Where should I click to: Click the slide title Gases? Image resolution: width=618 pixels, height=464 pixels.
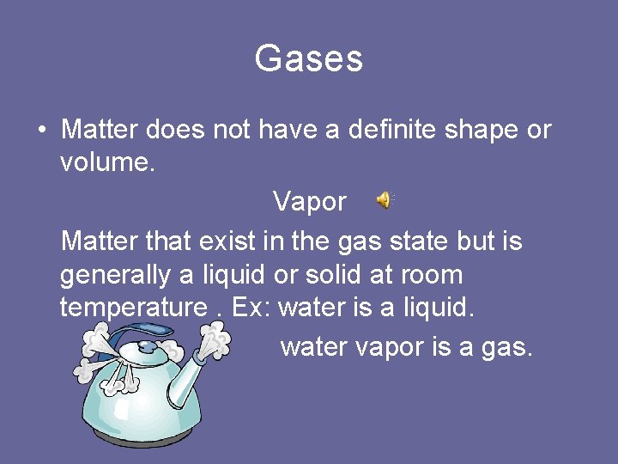click(x=309, y=59)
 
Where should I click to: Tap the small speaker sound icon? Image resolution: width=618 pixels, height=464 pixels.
click(x=383, y=200)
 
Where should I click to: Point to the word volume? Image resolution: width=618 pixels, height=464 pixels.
click(x=106, y=162)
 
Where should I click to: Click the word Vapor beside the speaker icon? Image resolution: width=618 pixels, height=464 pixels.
click(x=309, y=202)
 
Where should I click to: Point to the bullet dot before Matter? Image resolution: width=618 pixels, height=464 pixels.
click(x=42, y=131)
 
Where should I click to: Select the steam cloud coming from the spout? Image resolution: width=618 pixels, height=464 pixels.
click(x=213, y=344)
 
